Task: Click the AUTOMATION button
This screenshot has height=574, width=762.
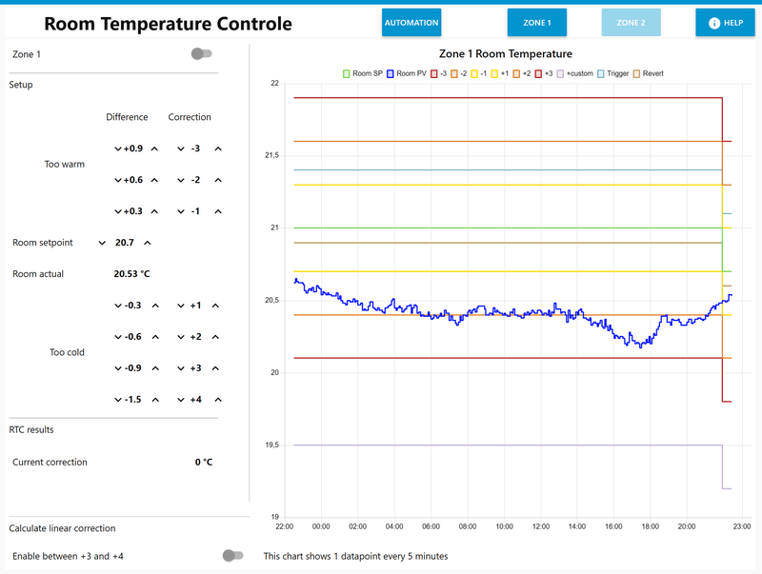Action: tap(411, 22)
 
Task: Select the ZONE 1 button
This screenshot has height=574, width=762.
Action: tap(537, 22)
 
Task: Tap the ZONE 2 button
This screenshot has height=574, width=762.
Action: tap(631, 22)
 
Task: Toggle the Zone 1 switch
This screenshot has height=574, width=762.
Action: tap(201, 54)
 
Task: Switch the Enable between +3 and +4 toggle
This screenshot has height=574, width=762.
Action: tap(231, 555)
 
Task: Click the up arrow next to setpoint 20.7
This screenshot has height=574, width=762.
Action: tap(148, 243)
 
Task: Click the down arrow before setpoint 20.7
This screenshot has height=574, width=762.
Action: tap(102, 243)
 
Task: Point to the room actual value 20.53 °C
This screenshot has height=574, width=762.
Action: tap(131, 274)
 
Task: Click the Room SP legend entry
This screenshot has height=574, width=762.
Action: tap(363, 73)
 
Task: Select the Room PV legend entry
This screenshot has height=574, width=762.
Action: tap(407, 73)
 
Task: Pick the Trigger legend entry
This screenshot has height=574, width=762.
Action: tap(612, 73)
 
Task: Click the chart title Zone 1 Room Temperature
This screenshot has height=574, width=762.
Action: tap(506, 53)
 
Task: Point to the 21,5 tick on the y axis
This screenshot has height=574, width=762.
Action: tap(271, 155)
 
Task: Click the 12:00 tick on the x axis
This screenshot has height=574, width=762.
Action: tap(541, 525)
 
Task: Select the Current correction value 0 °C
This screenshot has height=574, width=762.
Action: tap(204, 463)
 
